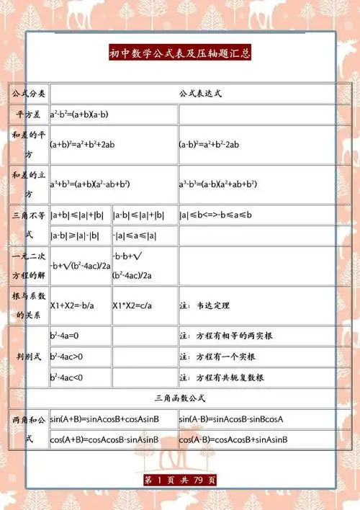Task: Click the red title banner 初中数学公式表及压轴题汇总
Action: pyautogui.click(x=180, y=53)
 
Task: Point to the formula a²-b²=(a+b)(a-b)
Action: pyautogui.click(x=79, y=115)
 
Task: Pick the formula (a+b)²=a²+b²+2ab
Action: pyautogui.click(x=83, y=145)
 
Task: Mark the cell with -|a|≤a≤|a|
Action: pyautogui.click(x=135, y=236)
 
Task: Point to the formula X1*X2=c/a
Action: pyautogui.click(x=132, y=305)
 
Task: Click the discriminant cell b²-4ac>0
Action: pyautogui.click(x=67, y=356)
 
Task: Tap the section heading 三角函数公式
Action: pyautogui.click(x=180, y=398)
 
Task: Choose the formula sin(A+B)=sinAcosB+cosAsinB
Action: pyautogui.click(x=104, y=419)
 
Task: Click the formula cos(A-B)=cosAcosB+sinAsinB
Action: pyautogui.click(x=233, y=439)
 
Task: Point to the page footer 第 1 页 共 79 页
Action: pyautogui.click(x=180, y=480)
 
